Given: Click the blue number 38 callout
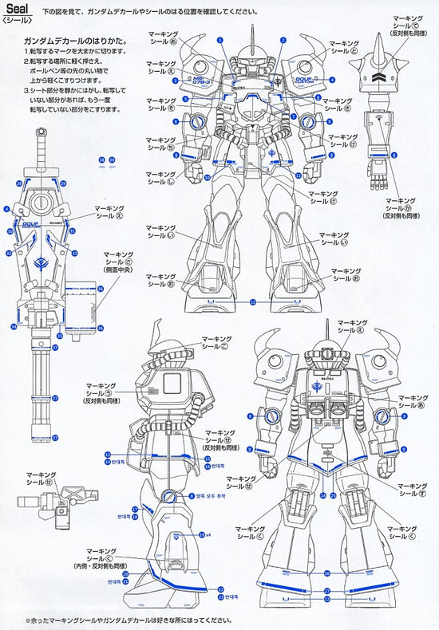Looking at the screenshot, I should pyautogui.click(x=101, y=159).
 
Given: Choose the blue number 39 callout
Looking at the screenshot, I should pyautogui.click(x=112, y=159).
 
